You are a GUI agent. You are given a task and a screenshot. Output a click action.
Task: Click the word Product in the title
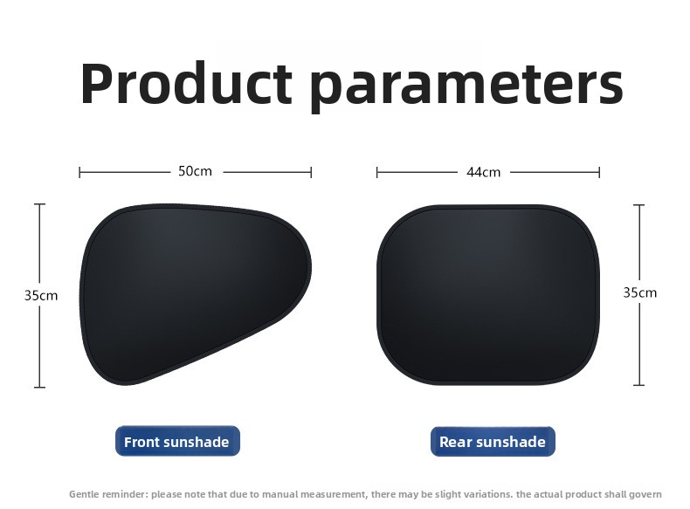pyautogui.click(x=186, y=83)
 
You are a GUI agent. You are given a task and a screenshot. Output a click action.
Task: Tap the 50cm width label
pyautogui.click(x=195, y=171)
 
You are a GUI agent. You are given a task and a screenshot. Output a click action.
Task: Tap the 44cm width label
pyautogui.click(x=484, y=172)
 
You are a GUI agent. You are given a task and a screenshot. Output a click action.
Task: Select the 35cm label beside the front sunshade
pyautogui.click(x=41, y=296)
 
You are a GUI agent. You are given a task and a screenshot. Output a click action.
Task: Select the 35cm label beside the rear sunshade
pyautogui.click(x=640, y=292)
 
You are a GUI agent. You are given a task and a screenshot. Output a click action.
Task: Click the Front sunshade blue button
pyautogui.click(x=178, y=441)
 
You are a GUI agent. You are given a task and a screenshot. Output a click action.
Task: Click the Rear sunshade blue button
pyautogui.click(x=493, y=441)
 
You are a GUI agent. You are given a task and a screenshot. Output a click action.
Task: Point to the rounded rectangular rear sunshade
pyautogui.click(x=488, y=295)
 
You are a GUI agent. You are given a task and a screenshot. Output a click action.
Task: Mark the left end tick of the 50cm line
pyautogui.click(x=79, y=173)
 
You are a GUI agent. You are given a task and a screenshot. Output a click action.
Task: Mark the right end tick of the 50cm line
pyautogui.click(x=311, y=173)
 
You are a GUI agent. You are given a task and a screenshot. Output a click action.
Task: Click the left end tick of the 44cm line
pyautogui.click(x=377, y=173)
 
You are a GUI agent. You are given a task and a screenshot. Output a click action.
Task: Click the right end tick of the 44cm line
pyautogui.click(x=599, y=173)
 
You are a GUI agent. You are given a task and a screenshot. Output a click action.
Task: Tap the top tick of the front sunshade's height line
pyautogui.click(x=39, y=204)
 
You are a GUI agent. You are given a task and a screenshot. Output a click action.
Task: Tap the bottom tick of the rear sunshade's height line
pyautogui.click(x=639, y=385)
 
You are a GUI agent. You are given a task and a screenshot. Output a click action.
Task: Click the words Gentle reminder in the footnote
pyautogui.click(x=108, y=494)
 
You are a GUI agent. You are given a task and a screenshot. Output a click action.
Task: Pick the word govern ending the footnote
pyautogui.click(x=646, y=494)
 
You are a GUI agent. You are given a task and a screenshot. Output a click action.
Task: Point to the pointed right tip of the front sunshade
pyautogui.click(x=311, y=267)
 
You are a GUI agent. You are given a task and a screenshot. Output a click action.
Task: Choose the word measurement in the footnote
pyautogui.click(x=338, y=494)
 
